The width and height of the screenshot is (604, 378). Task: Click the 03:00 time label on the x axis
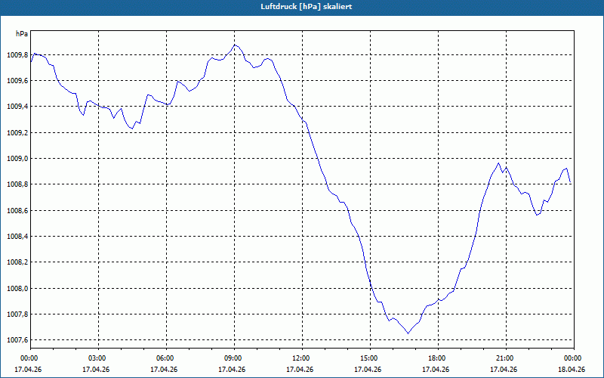97,358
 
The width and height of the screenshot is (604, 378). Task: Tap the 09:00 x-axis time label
233,358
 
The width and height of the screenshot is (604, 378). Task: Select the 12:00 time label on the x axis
300,358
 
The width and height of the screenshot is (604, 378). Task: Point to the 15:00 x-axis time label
368,358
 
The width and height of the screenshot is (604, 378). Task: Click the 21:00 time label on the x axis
504,358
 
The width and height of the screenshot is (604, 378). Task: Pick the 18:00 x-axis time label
436,358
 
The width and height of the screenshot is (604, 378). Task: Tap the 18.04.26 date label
572,370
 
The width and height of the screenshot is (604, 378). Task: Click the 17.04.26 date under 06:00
164,370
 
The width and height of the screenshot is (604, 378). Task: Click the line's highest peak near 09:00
235,45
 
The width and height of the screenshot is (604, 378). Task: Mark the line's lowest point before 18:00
408,333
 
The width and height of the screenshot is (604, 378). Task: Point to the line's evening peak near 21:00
498,163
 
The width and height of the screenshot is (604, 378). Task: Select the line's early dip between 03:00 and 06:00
132,129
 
